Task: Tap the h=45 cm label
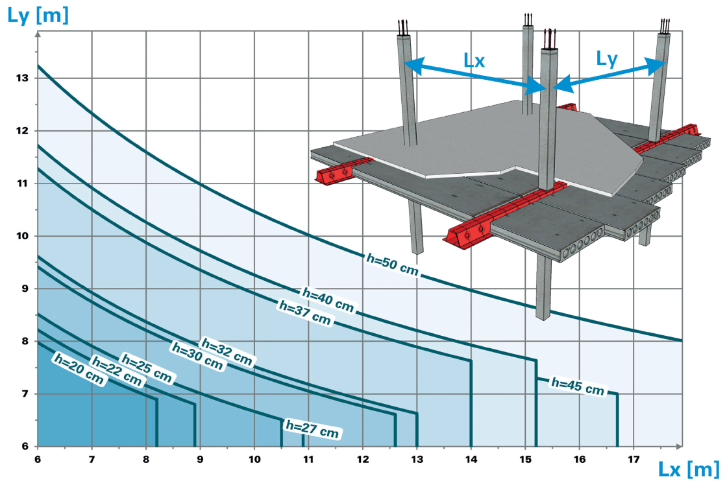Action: (577, 386)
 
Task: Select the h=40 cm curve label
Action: (328, 299)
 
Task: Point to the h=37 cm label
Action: (304, 312)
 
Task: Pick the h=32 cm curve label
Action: (227, 351)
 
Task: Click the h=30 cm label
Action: (197, 356)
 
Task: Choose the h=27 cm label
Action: (312, 429)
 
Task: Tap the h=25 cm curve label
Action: (147, 368)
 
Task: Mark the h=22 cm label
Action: (116, 371)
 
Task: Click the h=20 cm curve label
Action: (79, 369)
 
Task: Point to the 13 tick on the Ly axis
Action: (22, 78)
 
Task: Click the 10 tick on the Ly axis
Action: (22, 236)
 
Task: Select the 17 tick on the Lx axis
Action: (634, 460)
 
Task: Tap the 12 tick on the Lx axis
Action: (363, 460)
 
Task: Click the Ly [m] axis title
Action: (38, 16)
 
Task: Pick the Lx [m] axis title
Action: (689, 469)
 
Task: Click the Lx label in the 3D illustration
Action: (474, 61)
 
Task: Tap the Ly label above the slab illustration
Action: (607, 59)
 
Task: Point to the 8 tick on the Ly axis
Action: (25, 341)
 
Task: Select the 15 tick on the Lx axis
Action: (525, 460)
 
